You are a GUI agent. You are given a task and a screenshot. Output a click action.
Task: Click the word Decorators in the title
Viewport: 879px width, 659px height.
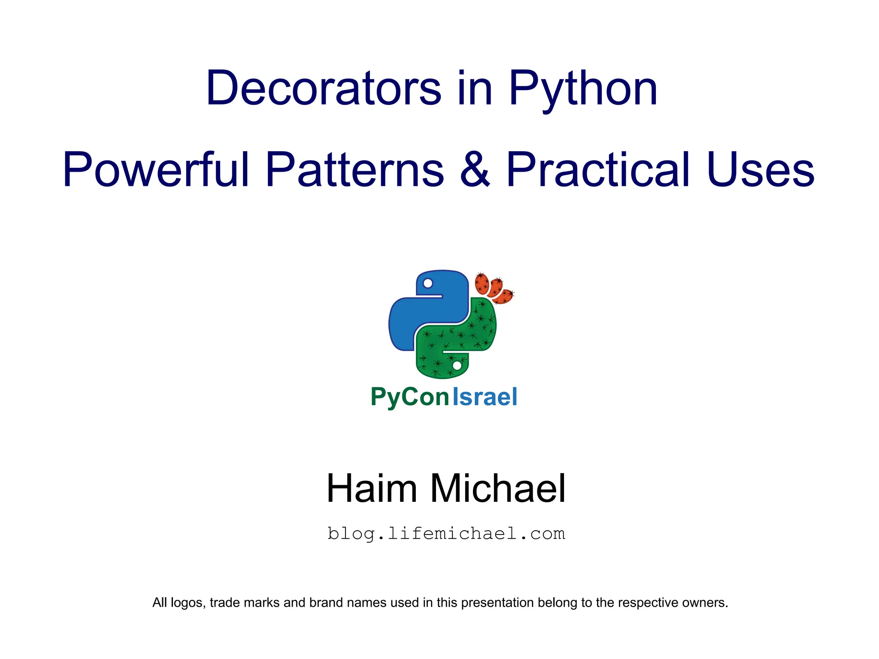323,88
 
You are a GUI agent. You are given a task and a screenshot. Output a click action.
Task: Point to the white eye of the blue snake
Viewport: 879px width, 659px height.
427,283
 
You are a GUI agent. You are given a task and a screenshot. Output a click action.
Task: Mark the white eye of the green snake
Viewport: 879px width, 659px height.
457,365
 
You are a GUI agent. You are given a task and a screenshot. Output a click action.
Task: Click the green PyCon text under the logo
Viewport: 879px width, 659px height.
409,397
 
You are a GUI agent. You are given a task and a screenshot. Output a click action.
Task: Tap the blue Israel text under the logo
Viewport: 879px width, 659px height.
485,397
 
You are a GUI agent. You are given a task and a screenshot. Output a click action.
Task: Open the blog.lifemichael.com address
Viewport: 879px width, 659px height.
446,534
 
